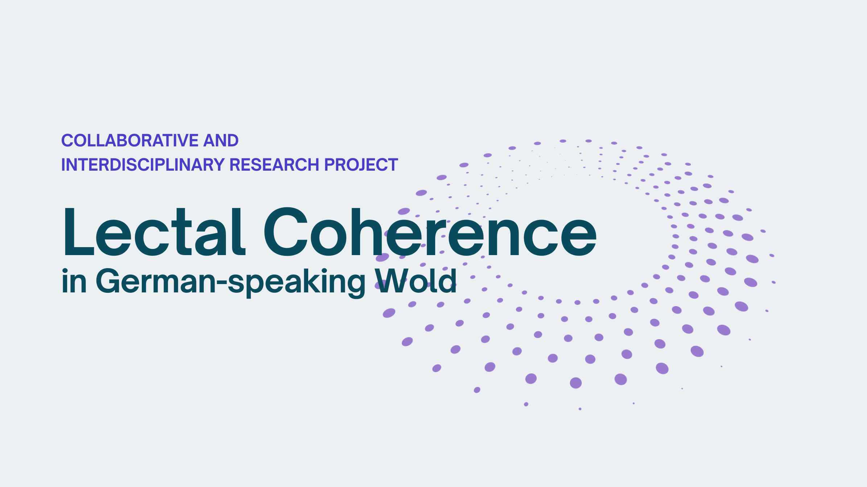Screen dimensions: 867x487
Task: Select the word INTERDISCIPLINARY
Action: tap(143, 165)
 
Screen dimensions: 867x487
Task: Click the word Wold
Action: tap(416, 280)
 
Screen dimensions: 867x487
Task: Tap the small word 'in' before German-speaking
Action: tap(74, 280)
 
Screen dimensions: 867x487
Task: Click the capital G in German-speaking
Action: tap(108, 280)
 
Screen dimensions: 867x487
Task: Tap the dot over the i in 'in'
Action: tap(65, 271)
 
